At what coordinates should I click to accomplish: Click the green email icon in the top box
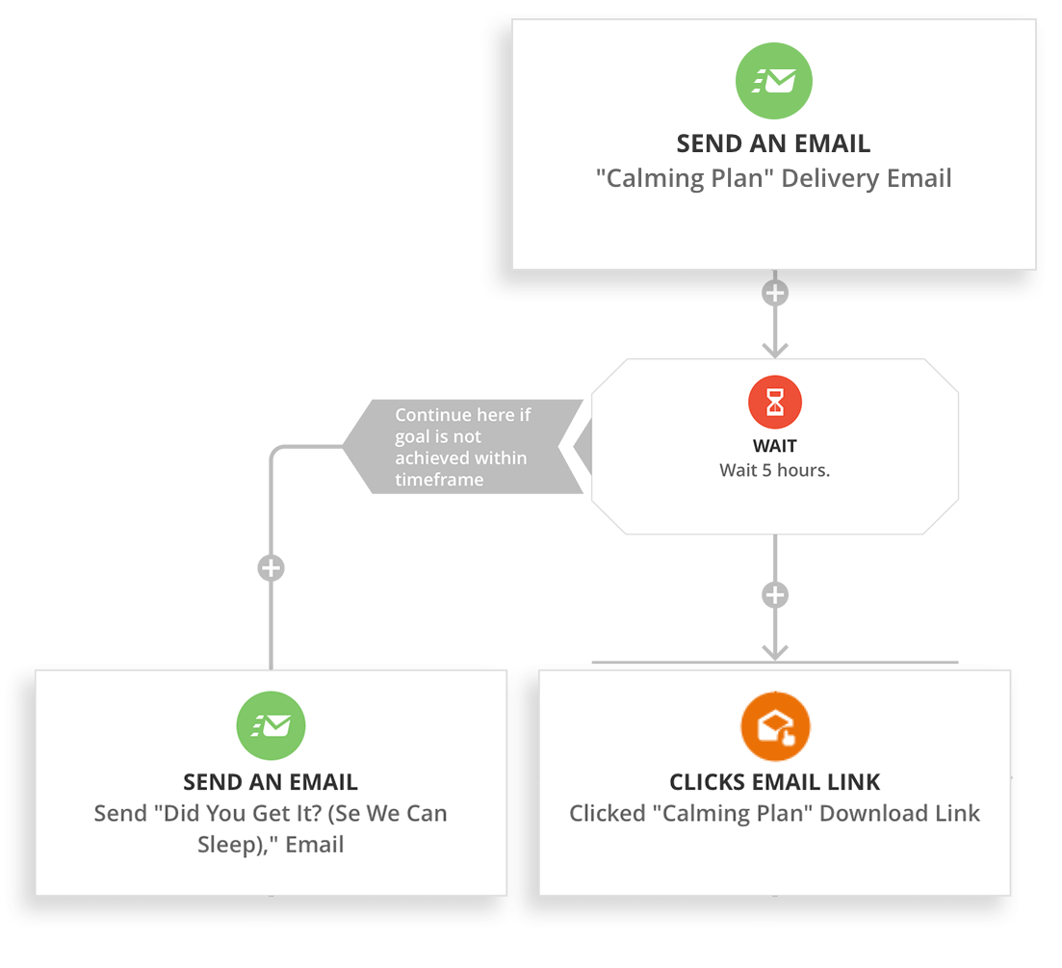click(x=773, y=81)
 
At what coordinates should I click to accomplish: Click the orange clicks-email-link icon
click(x=775, y=727)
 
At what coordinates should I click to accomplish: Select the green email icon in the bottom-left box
click(x=271, y=726)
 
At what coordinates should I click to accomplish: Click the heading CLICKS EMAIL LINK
click(x=775, y=782)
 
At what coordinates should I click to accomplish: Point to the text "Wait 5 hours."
click(x=775, y=471)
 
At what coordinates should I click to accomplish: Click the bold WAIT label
click(x=775, y=447)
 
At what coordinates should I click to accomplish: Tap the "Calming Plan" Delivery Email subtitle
click(x=774, y=178)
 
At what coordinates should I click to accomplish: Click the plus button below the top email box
click(x=775, y=293)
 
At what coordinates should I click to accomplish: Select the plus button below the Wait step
click(x=775, y=595)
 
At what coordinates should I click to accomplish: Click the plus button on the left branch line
click(x=271, y=568)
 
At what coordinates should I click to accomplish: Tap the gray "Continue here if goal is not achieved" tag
click(x=462, y=447)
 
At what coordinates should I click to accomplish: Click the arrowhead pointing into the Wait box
click(x=775, y=348)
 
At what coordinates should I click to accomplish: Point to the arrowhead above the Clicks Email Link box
click(x=775, y=651)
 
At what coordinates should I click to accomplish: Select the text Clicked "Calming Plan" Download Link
click(x=775, y=813)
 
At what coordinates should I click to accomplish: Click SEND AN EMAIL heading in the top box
click(x=774, y=144)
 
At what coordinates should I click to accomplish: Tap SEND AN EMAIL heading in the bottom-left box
click(x=271, y=782)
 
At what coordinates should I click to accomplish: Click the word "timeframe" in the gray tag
click(x=439, y=480)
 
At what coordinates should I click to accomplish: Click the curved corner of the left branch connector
click(x=277, y=452)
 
